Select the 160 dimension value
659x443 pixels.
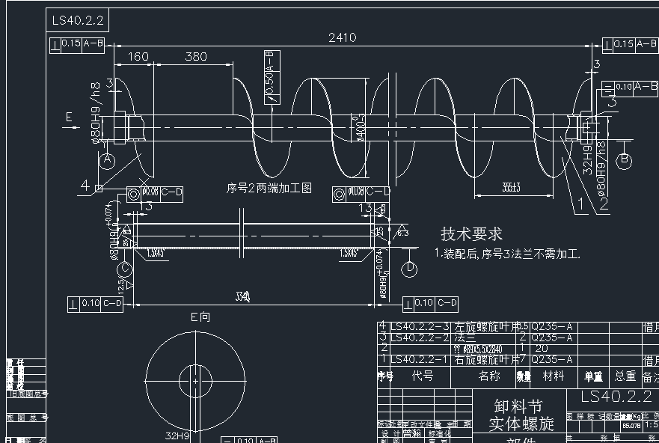click(x=138, y=57)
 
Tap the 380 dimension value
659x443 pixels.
click(x=196, y=57)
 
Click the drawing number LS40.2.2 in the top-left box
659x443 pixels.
click(x=78, y=20)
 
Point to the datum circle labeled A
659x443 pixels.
click(x=107, y=159)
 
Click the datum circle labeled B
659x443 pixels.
click(x=624, y=161)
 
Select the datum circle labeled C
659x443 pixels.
click(x=125, y=268)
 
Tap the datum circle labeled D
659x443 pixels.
click(x=410, y=268)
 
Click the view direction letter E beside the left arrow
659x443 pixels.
click(x=69, y=117)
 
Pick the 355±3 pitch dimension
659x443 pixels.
click(x=512, y=187)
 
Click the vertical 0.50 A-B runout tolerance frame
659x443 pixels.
click(x=271, y=76)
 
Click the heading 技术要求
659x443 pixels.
click(x=471, y=234)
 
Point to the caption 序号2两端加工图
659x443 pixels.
click(x=269, y=189)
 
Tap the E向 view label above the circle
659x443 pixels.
click(x=200, y=317)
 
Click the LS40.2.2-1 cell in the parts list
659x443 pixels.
click(x=420, y=359)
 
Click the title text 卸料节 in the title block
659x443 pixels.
click(x=518, y=406)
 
